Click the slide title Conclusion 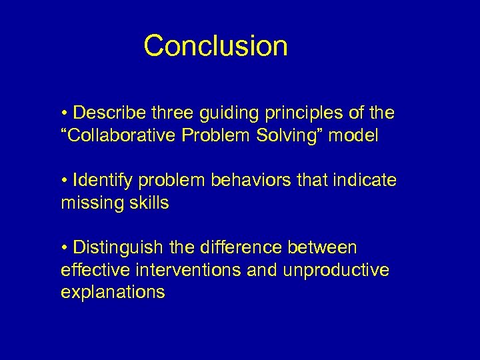click(x=215, y=46)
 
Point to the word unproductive click(x=338, y=271)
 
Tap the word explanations click(x=113, y=293)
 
